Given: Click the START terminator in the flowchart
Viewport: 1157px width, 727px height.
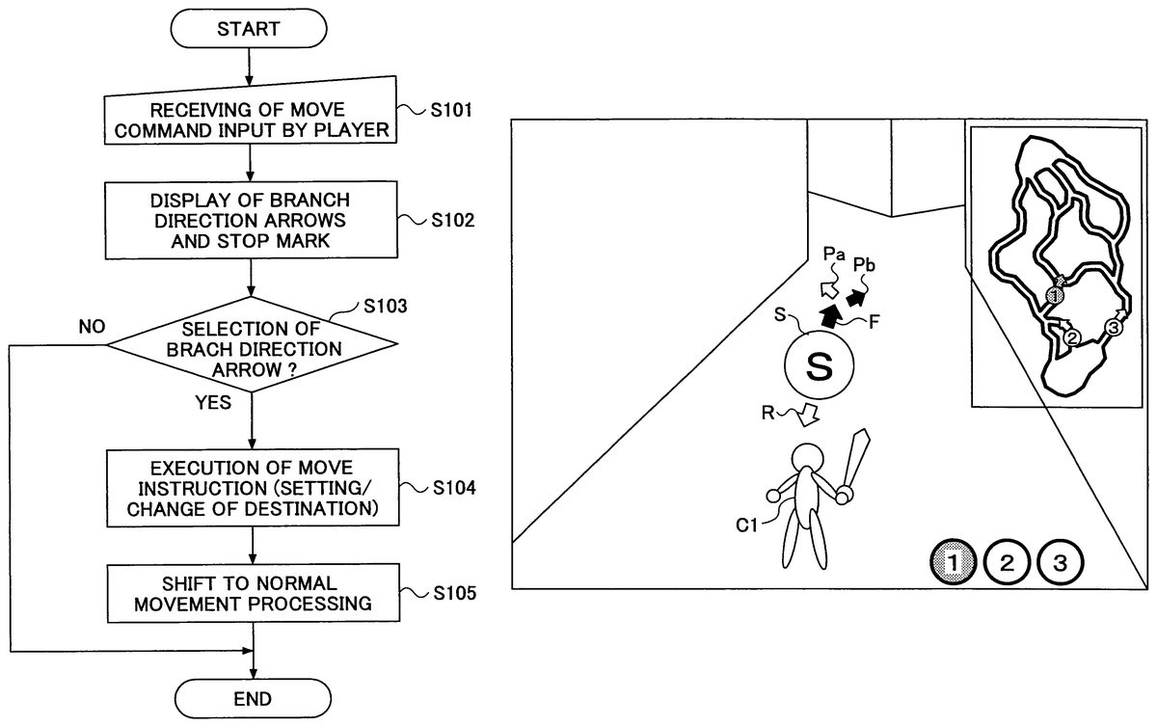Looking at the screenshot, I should [x=249, y=29].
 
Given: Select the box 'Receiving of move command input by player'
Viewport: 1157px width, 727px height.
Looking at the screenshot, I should [x=250, y=121].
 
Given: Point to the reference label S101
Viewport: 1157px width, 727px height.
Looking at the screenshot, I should [x=450, y=111].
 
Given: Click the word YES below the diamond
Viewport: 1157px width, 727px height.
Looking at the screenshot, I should [x=212, y=403].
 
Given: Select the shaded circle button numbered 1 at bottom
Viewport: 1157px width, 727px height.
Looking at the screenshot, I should [x=955, y=563].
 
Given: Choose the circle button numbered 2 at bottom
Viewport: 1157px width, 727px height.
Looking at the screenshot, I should [x=1008, y=563].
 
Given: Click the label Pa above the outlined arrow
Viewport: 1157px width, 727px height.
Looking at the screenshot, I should [x=835, y=256].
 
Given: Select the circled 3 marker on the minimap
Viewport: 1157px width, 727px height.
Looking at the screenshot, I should [x=1112, y=328].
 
